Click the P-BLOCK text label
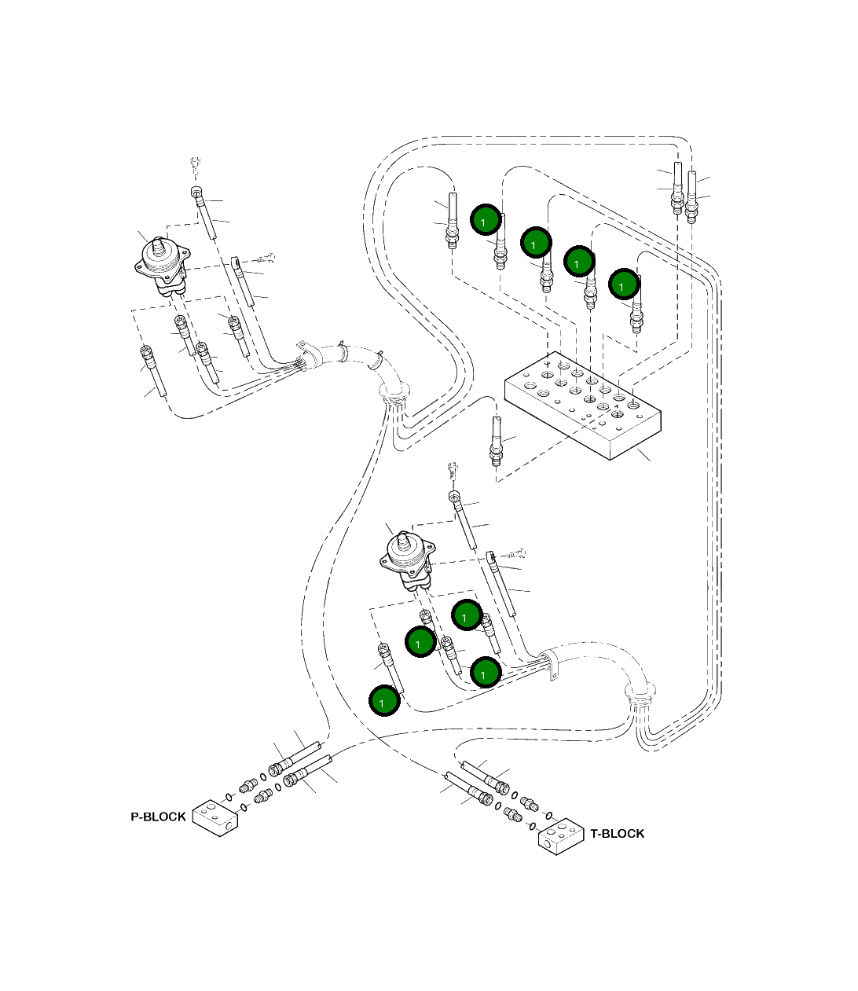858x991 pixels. point(158,817)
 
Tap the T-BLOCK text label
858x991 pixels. point(617,834)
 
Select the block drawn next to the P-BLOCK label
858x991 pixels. point(215,818)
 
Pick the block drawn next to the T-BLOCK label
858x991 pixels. point(561,837)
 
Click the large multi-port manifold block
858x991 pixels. point(583,406)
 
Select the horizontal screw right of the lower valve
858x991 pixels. point(516,554)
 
